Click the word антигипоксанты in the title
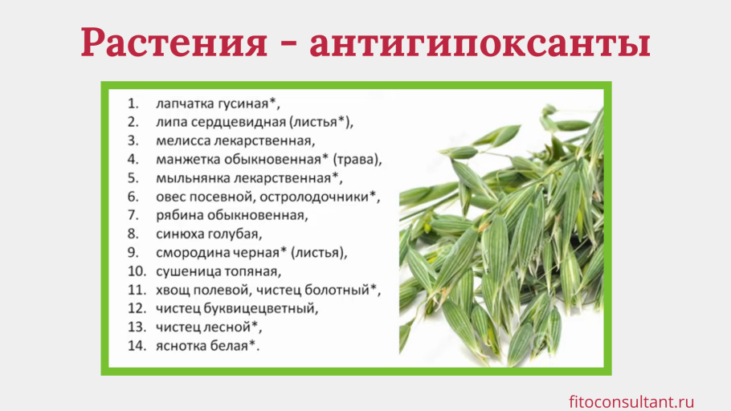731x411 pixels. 480,43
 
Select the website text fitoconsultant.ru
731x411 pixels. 631,401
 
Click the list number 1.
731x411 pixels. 132,104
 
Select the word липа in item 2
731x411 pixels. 171,123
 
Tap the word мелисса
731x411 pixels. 182,141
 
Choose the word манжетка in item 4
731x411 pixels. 187,160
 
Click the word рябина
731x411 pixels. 178,216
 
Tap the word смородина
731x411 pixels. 190,253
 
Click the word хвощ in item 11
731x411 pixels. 171,290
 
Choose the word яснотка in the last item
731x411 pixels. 182,346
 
